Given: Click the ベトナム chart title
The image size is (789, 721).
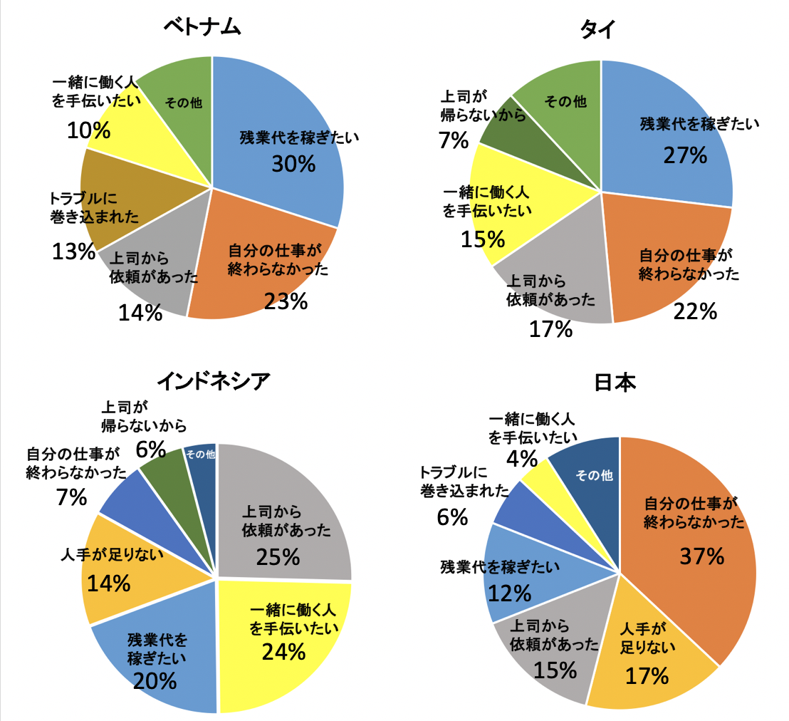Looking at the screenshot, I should (203, 28).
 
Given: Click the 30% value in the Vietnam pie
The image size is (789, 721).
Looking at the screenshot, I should (293, 164).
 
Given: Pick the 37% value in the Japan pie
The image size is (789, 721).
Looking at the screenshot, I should (701, 556).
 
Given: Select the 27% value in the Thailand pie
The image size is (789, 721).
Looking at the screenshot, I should (685, 155).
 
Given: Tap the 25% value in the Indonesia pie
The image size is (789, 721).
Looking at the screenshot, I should (280, 556).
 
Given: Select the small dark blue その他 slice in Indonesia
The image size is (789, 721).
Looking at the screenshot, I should (202, 460).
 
